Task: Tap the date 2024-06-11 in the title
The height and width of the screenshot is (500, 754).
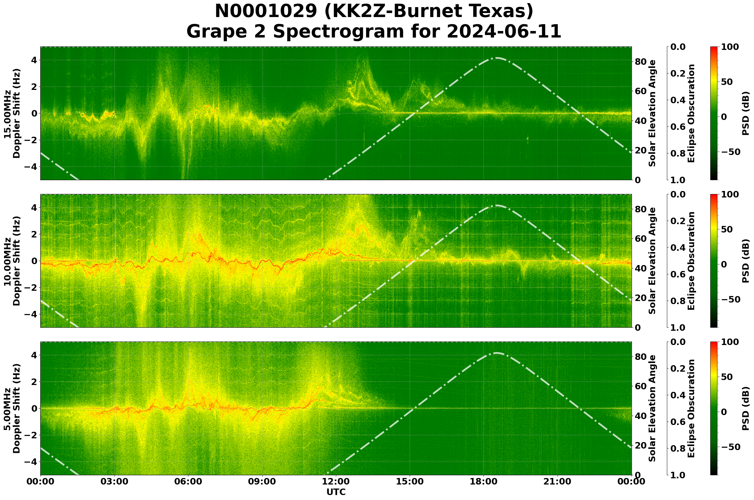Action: point(504,32)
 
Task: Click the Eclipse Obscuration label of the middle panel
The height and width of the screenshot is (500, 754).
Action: point(691,261)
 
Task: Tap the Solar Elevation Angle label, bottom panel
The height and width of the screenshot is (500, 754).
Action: point(652,409)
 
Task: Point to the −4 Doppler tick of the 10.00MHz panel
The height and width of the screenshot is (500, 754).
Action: point(32,314)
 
